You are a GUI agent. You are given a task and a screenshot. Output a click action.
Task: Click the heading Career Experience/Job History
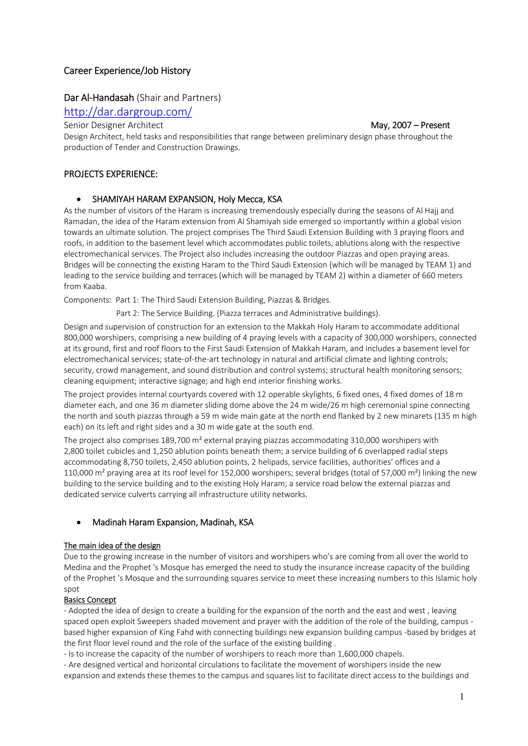(127, 71)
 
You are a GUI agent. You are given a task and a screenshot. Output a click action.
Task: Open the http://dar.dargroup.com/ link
(128, 112)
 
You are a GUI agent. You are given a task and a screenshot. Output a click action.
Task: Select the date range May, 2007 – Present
(410, 125)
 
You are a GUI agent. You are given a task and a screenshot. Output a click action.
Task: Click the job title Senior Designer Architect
(113, 125)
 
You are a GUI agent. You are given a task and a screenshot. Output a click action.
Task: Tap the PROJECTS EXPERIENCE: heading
(111, 174)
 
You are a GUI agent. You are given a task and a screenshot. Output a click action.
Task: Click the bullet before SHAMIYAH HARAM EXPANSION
(79, 199)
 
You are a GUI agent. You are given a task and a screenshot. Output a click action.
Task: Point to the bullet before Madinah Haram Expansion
(79, 522)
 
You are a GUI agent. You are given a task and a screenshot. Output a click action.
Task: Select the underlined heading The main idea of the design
(112, 546)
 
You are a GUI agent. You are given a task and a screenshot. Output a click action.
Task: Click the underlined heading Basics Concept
(90, 600)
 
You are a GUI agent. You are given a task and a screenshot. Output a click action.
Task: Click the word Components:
(87, 300)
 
